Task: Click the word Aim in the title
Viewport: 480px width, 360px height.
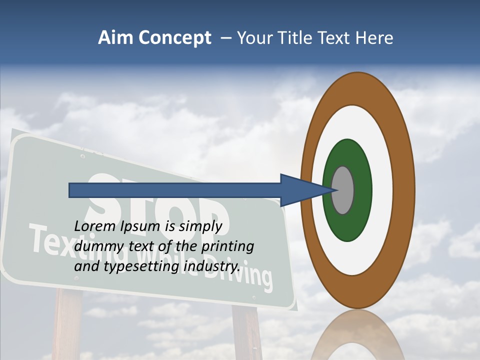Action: [x=116, y=38]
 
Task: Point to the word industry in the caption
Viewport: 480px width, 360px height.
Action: [x=211, y=266]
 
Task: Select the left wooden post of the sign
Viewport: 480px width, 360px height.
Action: [x=67, y=325]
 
